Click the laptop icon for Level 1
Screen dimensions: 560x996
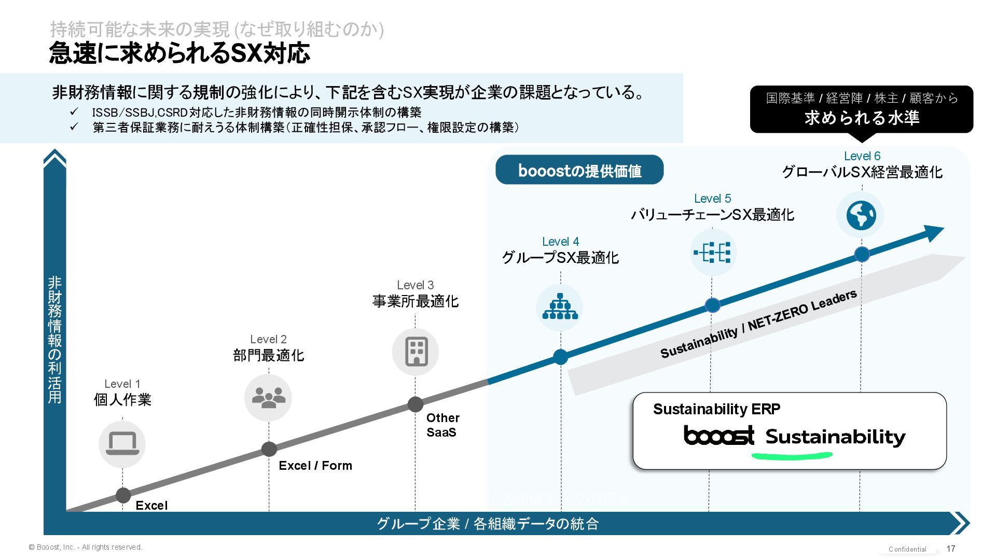[x=122, y=444]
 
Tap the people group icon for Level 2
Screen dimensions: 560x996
[x=268, y=398]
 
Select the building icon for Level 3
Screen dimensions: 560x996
[x=416, y=352]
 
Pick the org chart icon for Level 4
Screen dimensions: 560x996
[x=560, y=307]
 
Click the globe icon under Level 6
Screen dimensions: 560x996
[x=861, y=215]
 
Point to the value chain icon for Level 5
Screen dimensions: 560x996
[x=712, y=253]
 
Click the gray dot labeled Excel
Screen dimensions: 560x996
[x=123, y=495]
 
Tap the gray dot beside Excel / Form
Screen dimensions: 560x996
[x=269, y=449]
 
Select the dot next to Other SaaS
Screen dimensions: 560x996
[x=415, y=404]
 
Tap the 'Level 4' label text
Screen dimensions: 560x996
[x=560, y=242]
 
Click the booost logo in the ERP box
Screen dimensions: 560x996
[x=719, y=436]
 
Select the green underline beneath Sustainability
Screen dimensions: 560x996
[x=792, y=456]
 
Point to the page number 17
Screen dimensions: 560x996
[x=951, y=549]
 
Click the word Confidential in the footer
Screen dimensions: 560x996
[x=907, y=549]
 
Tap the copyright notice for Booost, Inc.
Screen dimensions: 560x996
[x=86, y=547]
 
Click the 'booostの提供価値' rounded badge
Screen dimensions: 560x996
[x=579, y=170]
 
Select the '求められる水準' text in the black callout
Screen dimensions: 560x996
[x=862, y=118]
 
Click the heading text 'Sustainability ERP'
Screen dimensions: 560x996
[x=716, y=409]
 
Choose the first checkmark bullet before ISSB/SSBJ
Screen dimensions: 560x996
[x=74, y=112]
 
